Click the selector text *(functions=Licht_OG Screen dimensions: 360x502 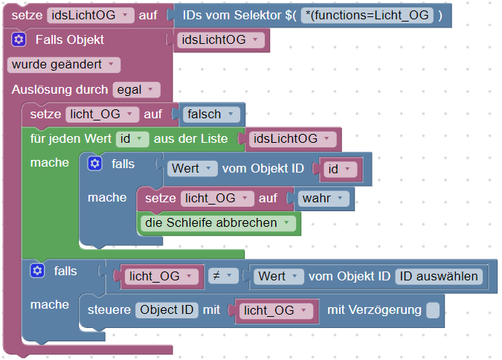pos(370,15)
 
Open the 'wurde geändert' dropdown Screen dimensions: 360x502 pos(64,65)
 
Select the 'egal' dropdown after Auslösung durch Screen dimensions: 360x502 pos(136,90)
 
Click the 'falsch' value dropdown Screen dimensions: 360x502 pos(212,115)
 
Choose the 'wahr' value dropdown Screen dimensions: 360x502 pos(324,198)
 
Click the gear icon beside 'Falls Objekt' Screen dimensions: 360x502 pos(20,39)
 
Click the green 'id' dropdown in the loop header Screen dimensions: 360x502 pos(132,139)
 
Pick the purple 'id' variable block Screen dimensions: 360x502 pos(338,169)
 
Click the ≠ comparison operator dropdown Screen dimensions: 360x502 pos(221,276)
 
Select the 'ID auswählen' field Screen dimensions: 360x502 pos(439,276)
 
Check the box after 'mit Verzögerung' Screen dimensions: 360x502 pos(433,310)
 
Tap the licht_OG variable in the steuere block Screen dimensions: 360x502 pos(274,311)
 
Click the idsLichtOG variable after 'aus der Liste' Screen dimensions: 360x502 pos(291,139)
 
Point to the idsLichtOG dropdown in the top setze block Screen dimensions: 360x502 pos(91,15)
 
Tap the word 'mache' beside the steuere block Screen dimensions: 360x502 pos(50,304)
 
